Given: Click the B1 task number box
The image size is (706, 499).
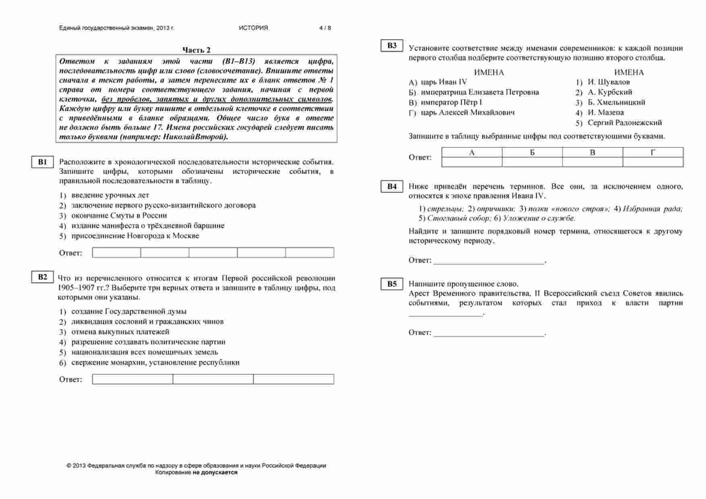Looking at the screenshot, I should click(42, 162).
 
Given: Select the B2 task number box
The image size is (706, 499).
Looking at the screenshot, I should click(42, 277).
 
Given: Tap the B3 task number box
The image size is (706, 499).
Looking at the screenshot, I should click(392, 46).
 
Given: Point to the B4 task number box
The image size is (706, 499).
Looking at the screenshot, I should click(392, 186).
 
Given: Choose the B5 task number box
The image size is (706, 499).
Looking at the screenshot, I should click(392, 284).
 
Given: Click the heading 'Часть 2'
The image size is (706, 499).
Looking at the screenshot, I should click(196, 50).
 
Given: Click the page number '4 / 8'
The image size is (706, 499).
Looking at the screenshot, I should click(325, 28).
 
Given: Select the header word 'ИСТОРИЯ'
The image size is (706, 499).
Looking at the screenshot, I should click(253, 28).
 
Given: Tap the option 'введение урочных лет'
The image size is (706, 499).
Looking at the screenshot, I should click(110, 195).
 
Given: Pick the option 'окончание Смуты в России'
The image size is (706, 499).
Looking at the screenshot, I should click(119, 215).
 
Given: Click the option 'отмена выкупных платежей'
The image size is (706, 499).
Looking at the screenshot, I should click(120, 332).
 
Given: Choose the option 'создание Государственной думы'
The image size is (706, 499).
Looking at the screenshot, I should click(129, 311).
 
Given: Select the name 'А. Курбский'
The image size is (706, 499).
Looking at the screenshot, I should click(609, 92).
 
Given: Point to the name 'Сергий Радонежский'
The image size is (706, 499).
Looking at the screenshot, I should click(624, 123).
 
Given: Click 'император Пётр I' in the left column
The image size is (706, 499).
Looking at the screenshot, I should click(451, 102).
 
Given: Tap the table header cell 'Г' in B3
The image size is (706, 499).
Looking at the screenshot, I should click(652, 152).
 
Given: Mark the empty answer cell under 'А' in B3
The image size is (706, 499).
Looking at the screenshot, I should click(472, 162).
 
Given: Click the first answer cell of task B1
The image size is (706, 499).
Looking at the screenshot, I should click(117, 253).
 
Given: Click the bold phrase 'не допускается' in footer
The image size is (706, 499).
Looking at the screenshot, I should click(215, 472).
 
